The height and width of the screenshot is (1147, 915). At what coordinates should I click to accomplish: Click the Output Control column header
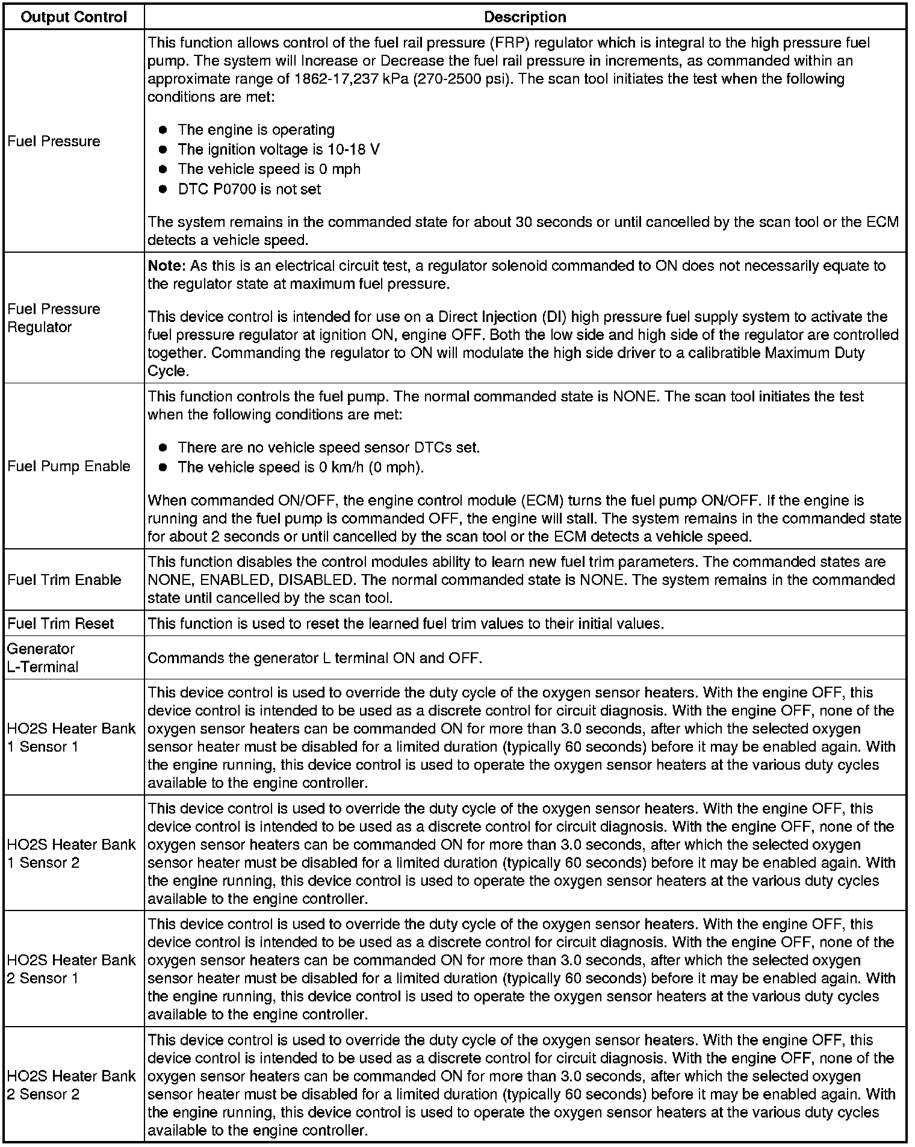coord(73,17)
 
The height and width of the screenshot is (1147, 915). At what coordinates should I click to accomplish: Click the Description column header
coord(525,17)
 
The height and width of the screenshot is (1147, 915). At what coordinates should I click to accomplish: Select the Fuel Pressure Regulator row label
coord(54,318)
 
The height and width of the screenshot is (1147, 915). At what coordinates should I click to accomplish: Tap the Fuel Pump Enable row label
coord(69,466)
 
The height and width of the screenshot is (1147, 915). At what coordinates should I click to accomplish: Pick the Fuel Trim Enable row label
coord(64,580)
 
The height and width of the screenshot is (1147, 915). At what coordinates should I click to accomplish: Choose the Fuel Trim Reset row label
coord(60,623)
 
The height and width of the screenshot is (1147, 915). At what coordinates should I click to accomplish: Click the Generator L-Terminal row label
coord(43,658)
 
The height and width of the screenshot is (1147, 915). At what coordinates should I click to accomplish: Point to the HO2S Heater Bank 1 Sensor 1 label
coord(71,737)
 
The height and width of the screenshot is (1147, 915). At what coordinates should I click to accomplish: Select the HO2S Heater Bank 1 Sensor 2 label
coord(71,853)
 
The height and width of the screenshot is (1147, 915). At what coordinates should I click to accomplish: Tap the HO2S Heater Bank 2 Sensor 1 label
coord(71,969)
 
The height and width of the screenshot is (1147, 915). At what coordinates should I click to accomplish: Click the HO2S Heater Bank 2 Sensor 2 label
coord(71,1084)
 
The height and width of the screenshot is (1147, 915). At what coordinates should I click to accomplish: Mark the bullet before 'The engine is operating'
coord(163,130)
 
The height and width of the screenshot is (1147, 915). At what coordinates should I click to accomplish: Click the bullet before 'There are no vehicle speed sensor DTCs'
coord(163,448)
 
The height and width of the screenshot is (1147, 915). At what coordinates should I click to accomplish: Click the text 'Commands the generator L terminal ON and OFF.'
coord(315,658)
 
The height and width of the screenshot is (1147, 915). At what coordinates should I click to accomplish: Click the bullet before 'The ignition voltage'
coord(163,150)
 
